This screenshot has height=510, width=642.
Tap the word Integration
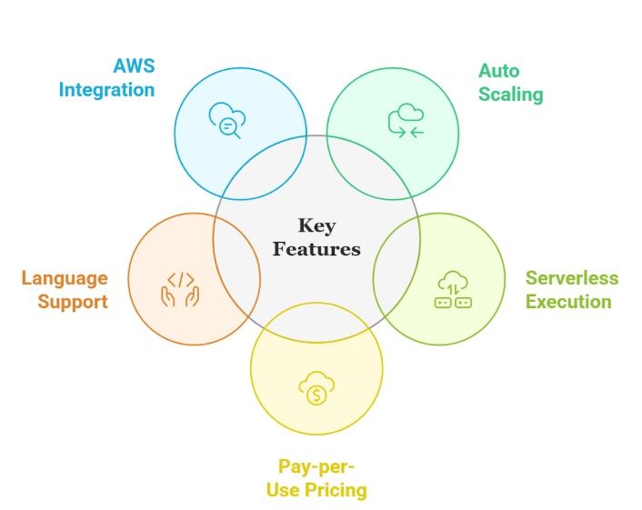[106, 90]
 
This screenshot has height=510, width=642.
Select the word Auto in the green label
[499, 71]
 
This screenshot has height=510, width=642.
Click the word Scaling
[510, 94]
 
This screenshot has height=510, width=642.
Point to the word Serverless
[571, 278]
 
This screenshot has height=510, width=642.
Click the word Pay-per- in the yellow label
[316, 467]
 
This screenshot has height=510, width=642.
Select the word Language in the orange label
[65, 278]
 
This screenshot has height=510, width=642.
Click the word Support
[73, 301]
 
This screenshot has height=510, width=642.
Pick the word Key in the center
[316, 225]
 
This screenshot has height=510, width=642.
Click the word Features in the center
[316, 248]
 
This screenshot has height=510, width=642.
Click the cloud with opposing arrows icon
[406, 121]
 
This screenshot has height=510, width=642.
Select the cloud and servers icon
[452, 288]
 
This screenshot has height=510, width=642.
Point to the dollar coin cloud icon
[316, 389]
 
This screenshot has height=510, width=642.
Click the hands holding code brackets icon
[179, 288]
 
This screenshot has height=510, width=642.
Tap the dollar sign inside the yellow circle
[316, 395]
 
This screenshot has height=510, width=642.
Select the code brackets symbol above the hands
[180, 279]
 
